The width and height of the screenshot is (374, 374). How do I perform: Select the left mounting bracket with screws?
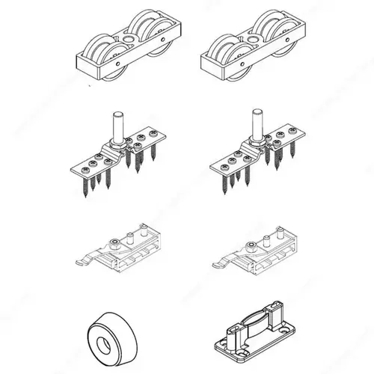click(120, 153)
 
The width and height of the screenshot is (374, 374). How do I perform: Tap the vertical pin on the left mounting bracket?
click(118, 123)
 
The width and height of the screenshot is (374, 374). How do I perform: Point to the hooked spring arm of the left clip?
click(83, 261)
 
